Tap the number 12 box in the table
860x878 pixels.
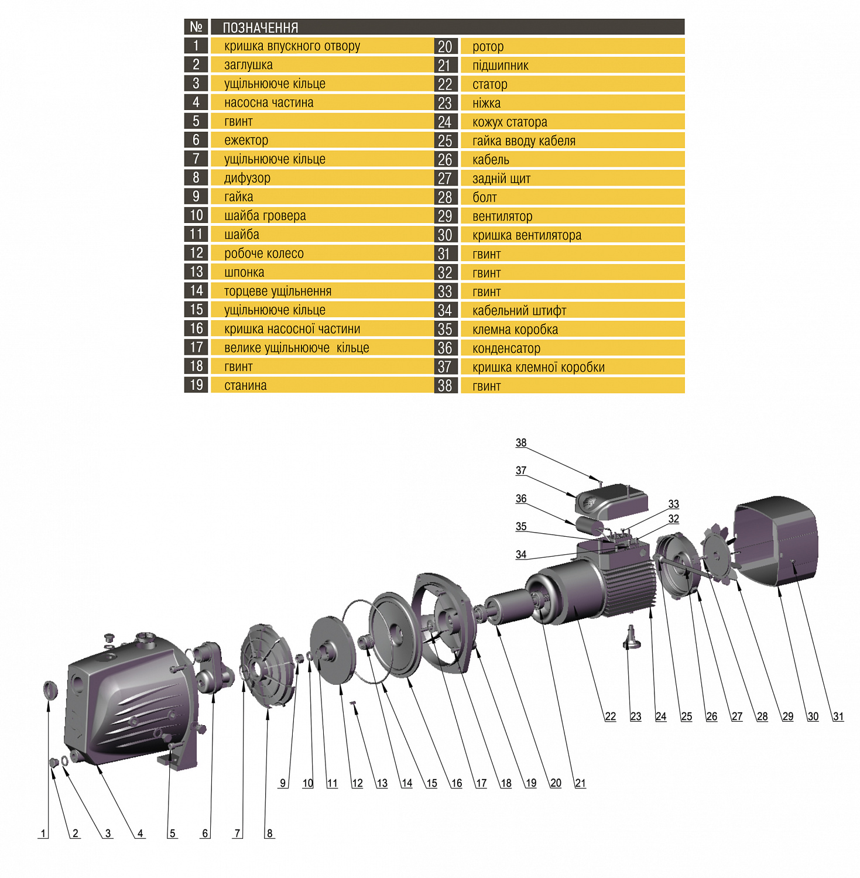pyautogui.click(x=196, y=253)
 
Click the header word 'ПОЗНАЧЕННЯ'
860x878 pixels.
pyautogui.click(x=261, y=28)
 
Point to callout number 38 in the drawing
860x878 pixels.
pyautogui.click(x=521, y=443)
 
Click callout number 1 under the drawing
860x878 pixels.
pyautogui.click(x=43, y=834)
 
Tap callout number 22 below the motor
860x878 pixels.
pyautogui.click(x=611, y=716)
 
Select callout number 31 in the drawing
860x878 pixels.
pyautogui.click(x=838, y=716)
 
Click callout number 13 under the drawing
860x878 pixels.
pyautogui.click(x=382, y=783)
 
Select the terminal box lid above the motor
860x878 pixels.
pyautogui.click(x=612, y=501)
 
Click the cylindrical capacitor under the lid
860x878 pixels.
pyautogui.click(x=589, y=526)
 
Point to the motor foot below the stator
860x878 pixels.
pyautogui.click(x=632, y=638)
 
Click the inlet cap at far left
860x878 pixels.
pyautogui.click(x=50, y=690)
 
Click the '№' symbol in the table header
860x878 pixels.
pyautogui.click(x=196, y=27)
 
